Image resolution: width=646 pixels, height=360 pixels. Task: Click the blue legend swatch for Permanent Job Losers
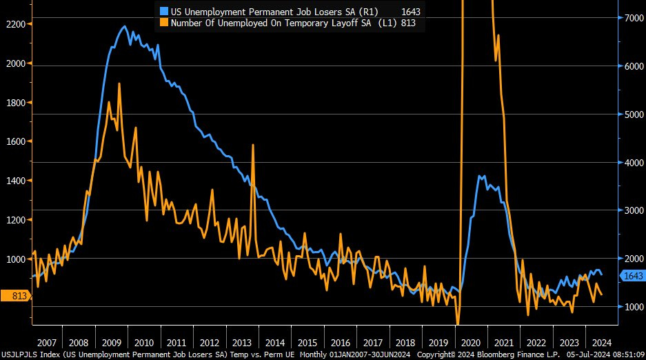(163, 12)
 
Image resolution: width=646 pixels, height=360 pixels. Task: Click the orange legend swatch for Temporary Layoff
(163, 23)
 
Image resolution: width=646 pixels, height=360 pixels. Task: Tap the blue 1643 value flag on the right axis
(632, 276)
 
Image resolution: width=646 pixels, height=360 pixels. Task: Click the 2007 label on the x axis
(46, 343)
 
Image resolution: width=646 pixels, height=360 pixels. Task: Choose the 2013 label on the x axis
(242, 343)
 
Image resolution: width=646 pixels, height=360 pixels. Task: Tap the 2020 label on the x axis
(470, 343)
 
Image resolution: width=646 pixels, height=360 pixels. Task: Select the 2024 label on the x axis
(600, 343)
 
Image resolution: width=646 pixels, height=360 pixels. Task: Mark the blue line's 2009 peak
(124, 27)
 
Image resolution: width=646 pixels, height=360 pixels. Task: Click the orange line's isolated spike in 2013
(253, 145)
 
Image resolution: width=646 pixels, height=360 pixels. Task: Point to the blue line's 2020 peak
(481, 177)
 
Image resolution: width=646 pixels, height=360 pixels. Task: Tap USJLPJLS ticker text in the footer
(21, 354)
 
